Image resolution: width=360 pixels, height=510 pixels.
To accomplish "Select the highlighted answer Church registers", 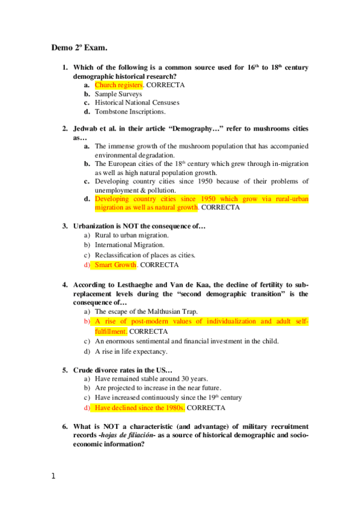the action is (118, 85).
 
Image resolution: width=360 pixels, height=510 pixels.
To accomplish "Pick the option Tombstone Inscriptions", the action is (130, 111).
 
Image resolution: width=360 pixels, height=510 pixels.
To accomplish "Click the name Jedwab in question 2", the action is (87, 129).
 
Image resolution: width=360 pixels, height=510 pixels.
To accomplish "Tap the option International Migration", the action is (129, 245).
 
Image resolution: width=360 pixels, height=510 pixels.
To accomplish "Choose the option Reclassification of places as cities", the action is (145, 255).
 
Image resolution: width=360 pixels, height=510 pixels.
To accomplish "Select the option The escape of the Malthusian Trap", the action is (146, 312).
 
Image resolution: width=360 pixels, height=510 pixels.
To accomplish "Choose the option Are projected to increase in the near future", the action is (158, 388).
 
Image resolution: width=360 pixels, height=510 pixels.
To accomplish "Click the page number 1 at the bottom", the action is (53, 476).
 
